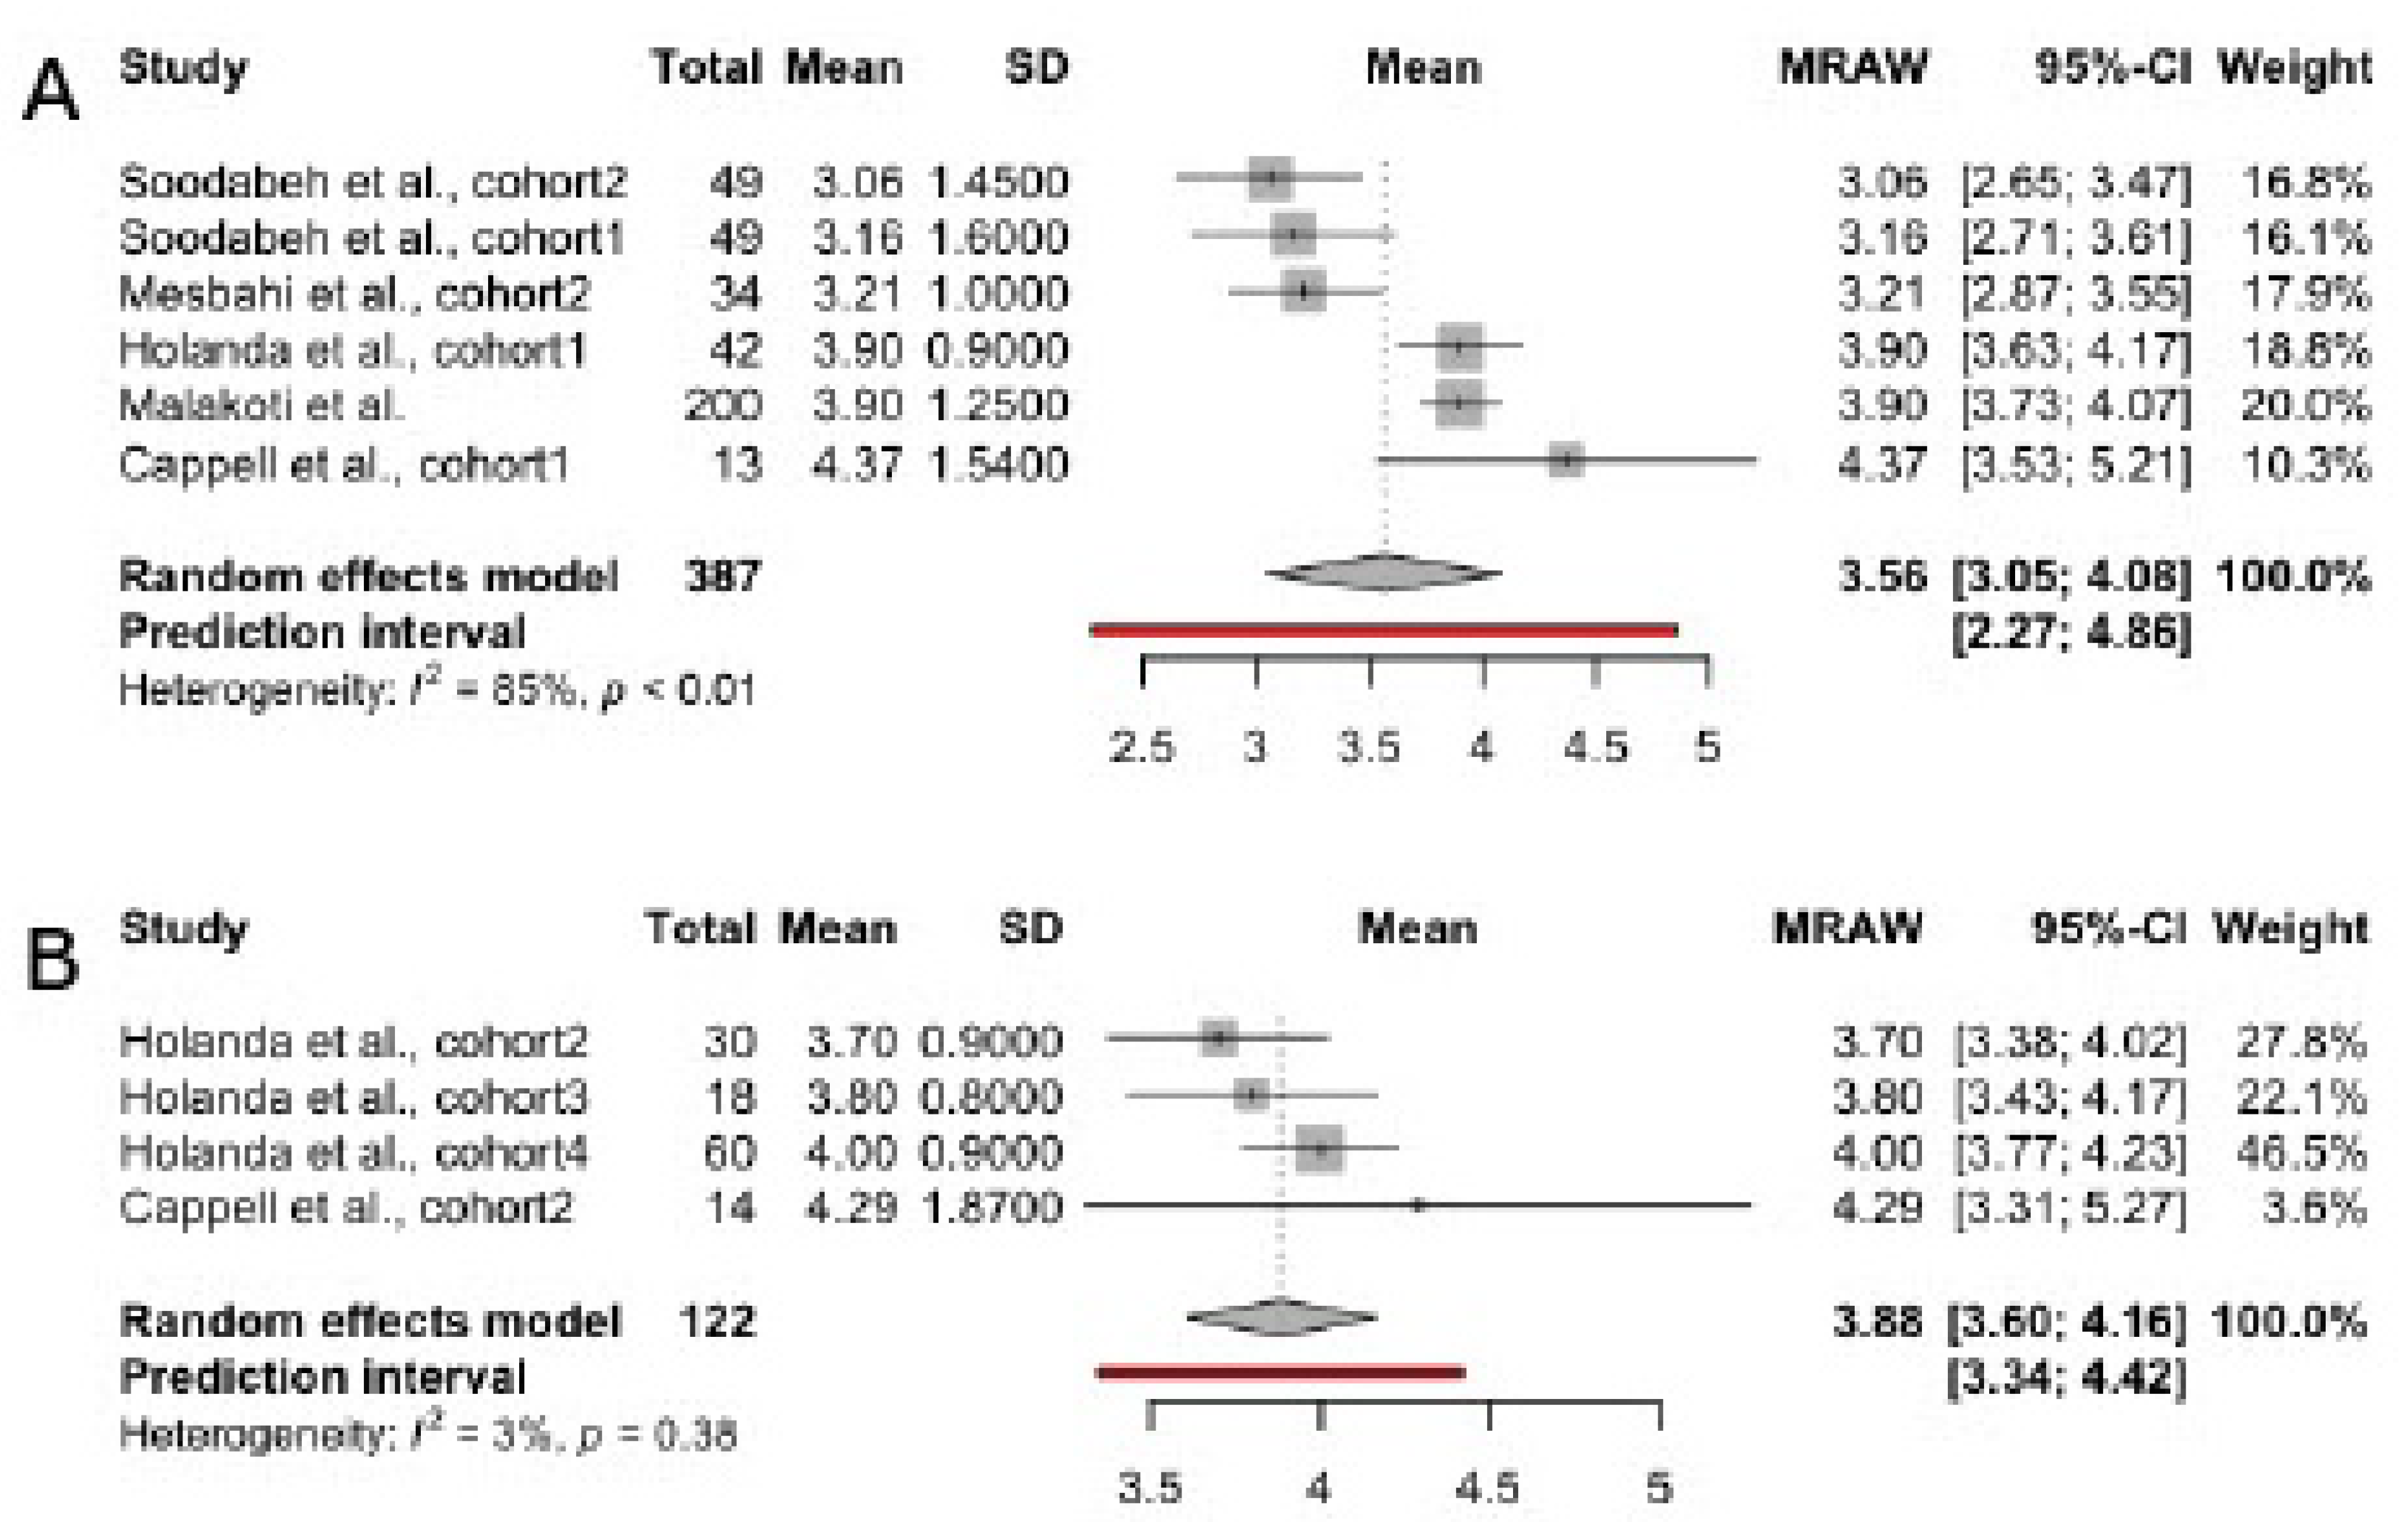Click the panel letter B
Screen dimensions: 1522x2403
[x=52, y=958]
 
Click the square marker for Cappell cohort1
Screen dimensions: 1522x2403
[x=1566, y=460]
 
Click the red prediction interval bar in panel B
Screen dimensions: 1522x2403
[x=1280, y=1373]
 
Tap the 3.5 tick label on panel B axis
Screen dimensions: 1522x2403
[x=1150, y=1488]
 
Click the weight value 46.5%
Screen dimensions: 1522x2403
[x=2301, y=1152]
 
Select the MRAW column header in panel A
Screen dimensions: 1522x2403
[x=1853, y=68]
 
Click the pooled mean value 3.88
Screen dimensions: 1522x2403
[x=1877, y=1322]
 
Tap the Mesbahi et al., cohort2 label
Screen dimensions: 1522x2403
[x=354, y=293]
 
